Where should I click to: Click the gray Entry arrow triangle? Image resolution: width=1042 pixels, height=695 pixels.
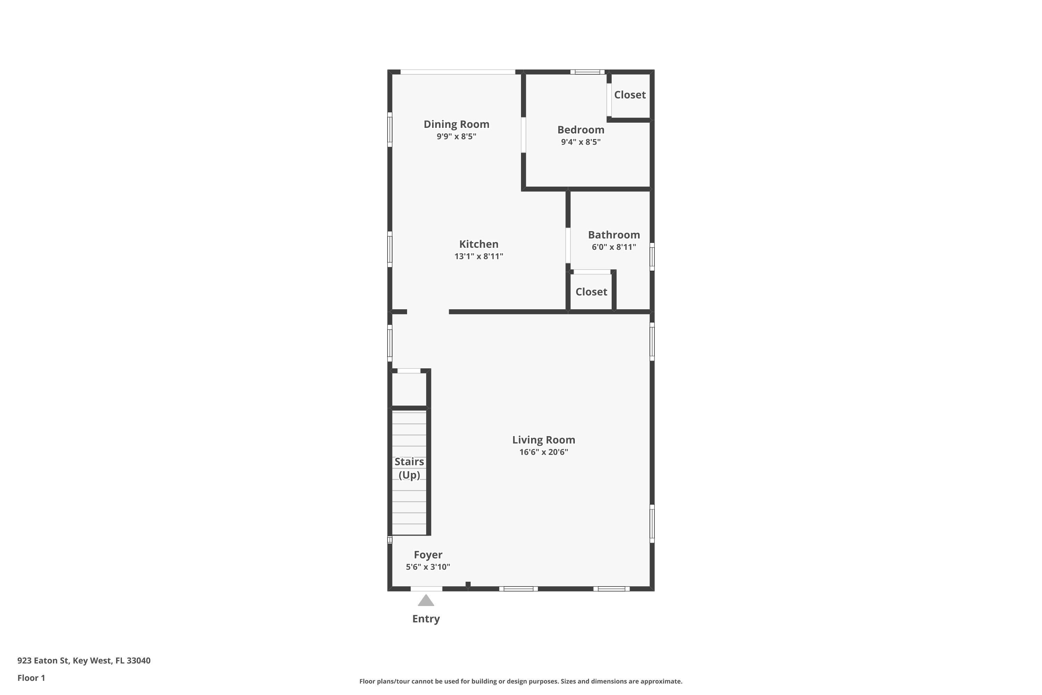pos(426,600)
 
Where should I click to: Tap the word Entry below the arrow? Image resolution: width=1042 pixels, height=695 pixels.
pos(426,619)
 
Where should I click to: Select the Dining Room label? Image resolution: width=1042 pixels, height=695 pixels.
pos(456,124)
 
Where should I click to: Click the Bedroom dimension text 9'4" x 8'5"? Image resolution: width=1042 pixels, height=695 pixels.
pos(580,142)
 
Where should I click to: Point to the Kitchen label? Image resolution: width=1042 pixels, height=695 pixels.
pos(479,244)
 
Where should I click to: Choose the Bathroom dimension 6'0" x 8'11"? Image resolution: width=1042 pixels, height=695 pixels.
pos(614,247)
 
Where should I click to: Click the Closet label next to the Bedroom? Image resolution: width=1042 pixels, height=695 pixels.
pos(629,95)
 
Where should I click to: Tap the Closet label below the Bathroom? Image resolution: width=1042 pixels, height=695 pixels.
pos(591,292)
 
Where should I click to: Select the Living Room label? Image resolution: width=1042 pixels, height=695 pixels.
pos(544,440)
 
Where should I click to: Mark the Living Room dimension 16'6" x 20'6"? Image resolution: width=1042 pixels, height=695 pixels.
pos(544,452)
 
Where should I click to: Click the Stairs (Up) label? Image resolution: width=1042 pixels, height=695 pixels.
pos(409,468)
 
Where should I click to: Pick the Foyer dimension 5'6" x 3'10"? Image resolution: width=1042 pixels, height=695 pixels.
pos(428,566)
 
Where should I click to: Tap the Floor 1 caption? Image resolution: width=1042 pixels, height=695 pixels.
pos(31,678)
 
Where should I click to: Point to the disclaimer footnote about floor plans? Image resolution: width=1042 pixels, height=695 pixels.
pos(521,681)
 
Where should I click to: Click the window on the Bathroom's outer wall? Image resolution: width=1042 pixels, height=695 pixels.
pos(652,257)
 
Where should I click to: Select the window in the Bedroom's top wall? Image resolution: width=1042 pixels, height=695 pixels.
pos(587,72)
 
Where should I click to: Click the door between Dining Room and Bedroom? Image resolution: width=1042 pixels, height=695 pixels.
pos(523,135)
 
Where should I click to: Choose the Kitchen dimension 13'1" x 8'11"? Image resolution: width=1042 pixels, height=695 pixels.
pos(479,256)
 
